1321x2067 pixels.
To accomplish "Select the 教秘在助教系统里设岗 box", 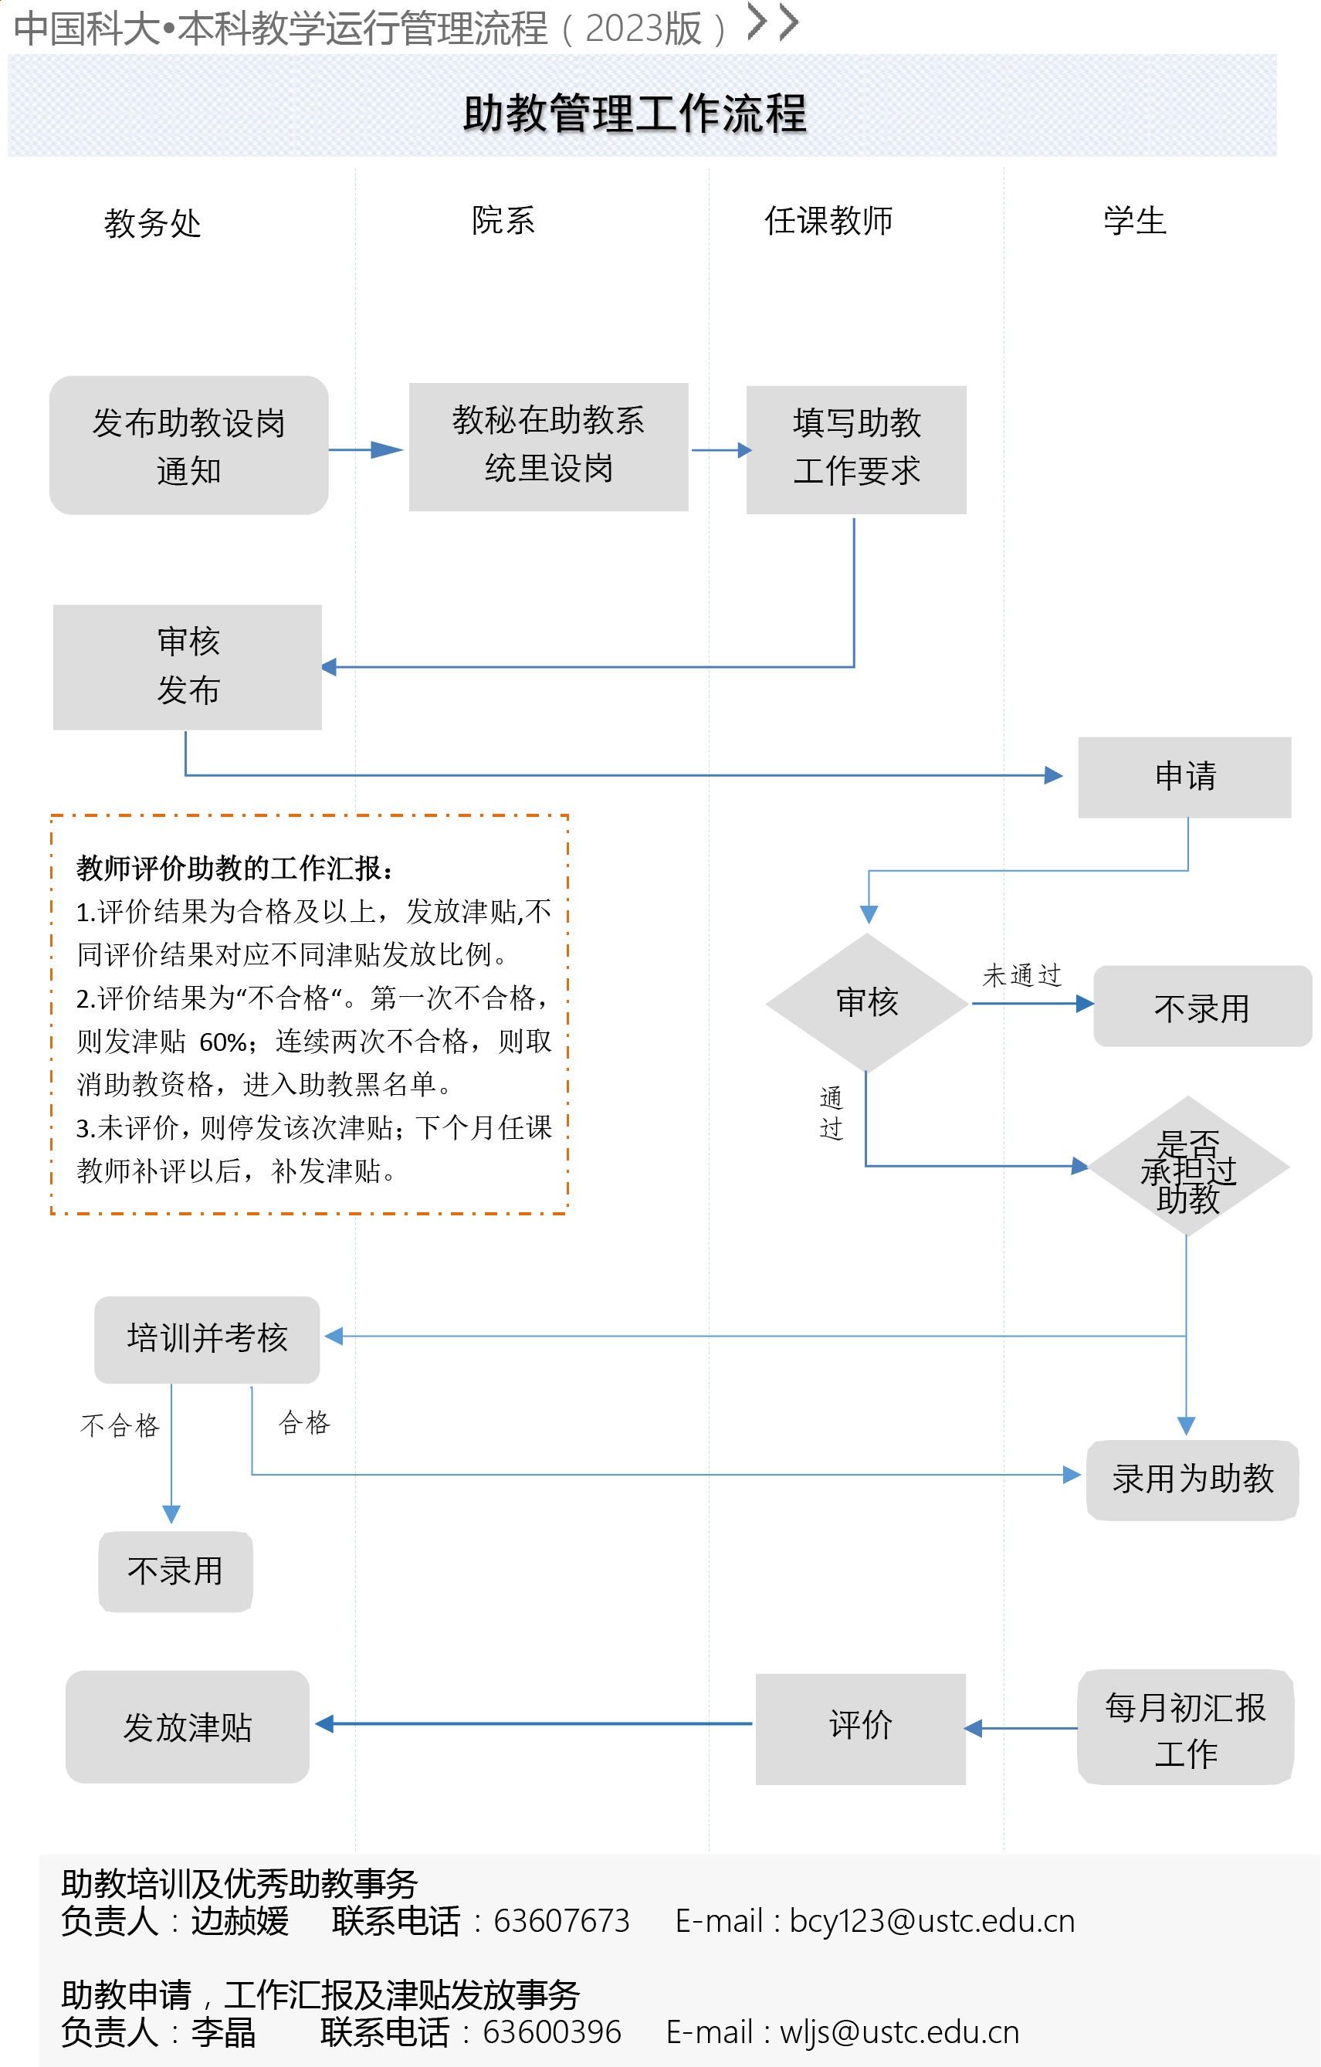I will point(547,446).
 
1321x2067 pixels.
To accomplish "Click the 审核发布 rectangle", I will point(187,667).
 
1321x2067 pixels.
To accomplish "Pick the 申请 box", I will point(1184,777).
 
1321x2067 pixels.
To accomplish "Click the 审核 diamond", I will point(866,1001).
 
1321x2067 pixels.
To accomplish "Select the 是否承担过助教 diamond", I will point(1187,1167).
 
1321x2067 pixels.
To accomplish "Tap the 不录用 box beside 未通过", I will point(1201,1007).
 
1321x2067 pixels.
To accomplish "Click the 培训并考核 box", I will point(207,1338).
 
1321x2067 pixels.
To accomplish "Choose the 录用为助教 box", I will point(1191,1479).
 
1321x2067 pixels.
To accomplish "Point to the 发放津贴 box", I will point(187,1727).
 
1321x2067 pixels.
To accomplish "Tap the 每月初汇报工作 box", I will point(1184,1729).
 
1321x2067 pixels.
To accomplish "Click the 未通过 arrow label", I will point(1021,975).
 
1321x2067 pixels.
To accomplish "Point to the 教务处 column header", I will point(152,223).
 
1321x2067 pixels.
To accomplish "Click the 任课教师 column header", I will point(828,221).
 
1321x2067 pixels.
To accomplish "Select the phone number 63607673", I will point(561,1921).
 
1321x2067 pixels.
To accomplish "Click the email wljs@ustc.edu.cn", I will point(899,2033).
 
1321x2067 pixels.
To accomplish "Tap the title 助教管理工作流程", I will point(635,114).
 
